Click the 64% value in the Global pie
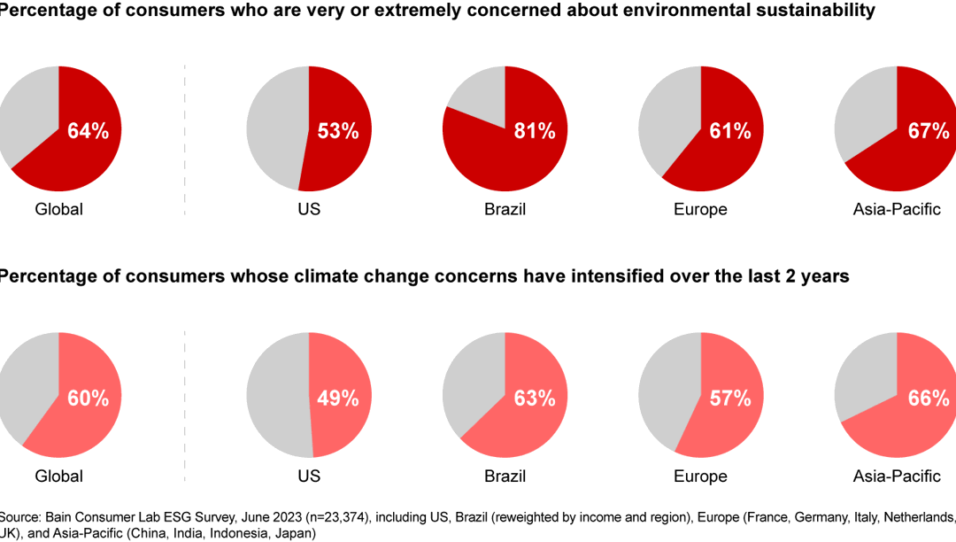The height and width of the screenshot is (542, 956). [x=88, y=131]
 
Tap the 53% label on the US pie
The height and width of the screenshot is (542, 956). [x=338, y=131]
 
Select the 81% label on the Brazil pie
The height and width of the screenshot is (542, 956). [x=535, y=131]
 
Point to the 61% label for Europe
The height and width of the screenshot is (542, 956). [x=729, y=131]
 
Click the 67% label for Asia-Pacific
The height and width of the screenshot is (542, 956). [x=928, y=131]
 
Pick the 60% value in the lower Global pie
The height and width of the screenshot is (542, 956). [x=88, y=398]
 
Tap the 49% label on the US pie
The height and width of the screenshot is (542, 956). [x=338, y=398]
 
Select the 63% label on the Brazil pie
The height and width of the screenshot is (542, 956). [x=535, y=398]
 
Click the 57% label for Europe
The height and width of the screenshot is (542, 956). [x=729, y=398]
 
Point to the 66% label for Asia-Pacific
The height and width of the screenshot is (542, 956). [x=928, y=398]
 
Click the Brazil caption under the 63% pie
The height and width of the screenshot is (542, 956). [x=505, y=476]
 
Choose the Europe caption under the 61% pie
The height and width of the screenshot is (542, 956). [x=700, y=210]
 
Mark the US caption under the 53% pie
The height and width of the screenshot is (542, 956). [x=309, y=210]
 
